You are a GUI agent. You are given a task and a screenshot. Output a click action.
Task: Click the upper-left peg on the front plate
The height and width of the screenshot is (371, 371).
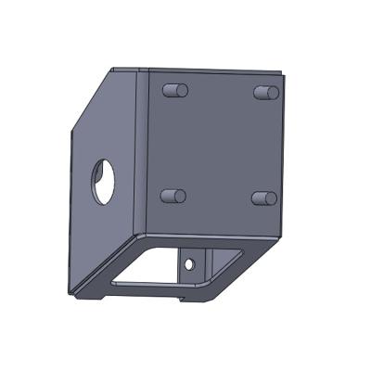(174, 91)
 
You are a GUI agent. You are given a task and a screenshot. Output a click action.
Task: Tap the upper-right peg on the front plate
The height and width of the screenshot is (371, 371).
(265, 93)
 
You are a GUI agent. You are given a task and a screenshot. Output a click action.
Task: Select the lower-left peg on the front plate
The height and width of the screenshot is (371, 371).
(173, 197)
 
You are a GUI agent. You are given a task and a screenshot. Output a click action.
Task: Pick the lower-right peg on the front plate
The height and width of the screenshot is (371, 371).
(263, 198)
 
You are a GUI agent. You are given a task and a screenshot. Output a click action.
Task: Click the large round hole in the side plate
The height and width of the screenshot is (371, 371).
(102, 180)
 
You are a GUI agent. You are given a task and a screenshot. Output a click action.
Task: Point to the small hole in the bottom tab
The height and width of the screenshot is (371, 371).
(190, 264)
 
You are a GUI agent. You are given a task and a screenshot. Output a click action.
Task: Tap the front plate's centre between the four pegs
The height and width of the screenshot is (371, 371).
(218, 145)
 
